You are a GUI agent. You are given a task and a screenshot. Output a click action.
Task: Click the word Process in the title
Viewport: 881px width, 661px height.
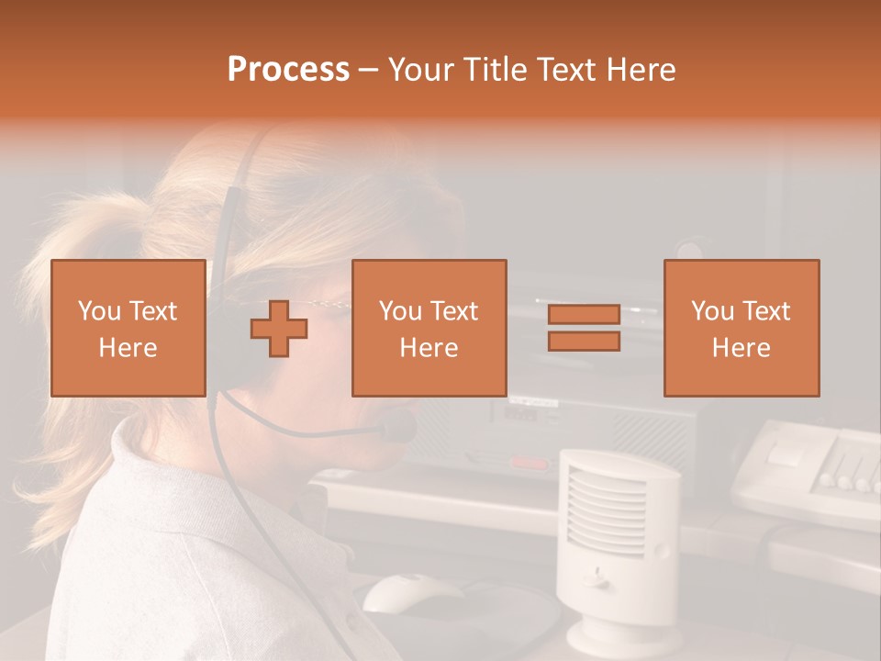click(x=288, y=70)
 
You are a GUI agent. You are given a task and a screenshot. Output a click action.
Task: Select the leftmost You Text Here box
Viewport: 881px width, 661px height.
click(x=128, y=328)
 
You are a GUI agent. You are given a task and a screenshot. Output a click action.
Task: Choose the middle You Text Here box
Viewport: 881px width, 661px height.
click(x=429, y=328)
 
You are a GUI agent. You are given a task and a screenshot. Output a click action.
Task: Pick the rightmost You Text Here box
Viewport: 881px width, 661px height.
click(x=741, y=328)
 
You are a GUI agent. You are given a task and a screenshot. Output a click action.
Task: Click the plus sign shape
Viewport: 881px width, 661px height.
click(x=279, y=329)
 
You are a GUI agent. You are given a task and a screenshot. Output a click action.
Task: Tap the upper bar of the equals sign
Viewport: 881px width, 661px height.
click(x=584, y=314)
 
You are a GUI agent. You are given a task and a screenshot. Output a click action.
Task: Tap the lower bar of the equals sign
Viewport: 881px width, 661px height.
click(x=584, y=342)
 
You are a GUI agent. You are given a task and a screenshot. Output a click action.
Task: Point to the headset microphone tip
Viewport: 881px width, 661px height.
click(x=399, y=426)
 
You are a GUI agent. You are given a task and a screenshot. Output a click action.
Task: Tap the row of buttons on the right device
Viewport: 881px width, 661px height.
click(x=849, y=480)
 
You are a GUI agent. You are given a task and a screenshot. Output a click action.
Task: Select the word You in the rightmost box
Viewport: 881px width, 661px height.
click(x=712, y=311)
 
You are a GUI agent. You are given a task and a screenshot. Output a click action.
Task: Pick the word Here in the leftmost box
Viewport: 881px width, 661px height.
click(x=128, y=348)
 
